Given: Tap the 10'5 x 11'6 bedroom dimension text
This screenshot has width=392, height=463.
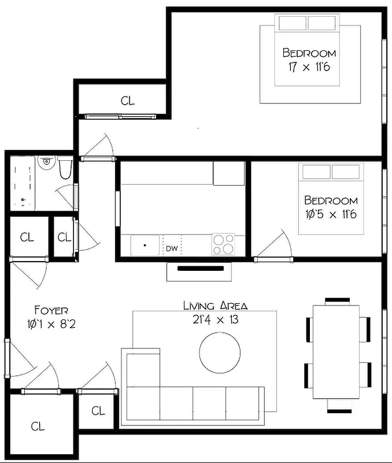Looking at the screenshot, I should (331, 214).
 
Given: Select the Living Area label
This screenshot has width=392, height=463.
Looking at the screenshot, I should (215, 306).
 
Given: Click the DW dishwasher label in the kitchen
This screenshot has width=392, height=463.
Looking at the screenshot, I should (172, 249).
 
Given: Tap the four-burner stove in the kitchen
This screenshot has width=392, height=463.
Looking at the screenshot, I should (224, 244).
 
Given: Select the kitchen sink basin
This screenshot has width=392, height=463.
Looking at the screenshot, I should (145, 245).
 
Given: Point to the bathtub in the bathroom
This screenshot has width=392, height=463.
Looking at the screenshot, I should (24, 183).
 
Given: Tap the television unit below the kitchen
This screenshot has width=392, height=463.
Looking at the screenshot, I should (199, 269).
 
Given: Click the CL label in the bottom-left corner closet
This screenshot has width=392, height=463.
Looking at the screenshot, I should (38, 427).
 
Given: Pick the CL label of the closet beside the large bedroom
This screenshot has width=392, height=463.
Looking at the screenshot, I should (127, 101).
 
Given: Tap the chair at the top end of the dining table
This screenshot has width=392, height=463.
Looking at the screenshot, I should (337, 301).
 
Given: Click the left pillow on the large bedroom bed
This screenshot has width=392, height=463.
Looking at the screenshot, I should (291, 23).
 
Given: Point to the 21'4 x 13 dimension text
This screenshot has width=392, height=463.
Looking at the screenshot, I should (215, 319).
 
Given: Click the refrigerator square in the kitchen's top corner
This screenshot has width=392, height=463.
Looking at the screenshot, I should (228, 173).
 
